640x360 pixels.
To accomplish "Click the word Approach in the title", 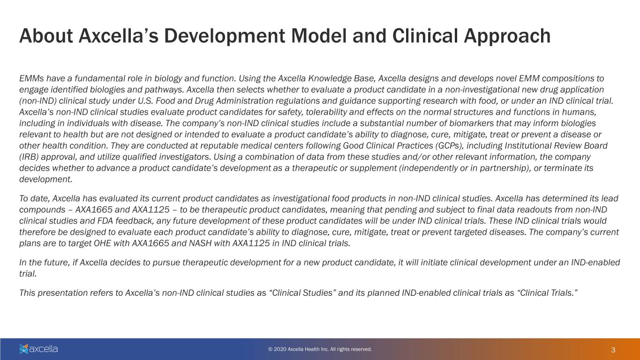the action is pyautogui.click(x=507, y=37).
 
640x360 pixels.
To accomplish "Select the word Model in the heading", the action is pyautogui.click(x=318, y=36).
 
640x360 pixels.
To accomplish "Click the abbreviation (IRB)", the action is pyautogui.click(x=29, y=157).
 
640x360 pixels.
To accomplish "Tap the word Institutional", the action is pyautogui.click(x=528, y=146).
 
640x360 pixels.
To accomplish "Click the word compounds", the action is pyautogui.click(x=42, y=210).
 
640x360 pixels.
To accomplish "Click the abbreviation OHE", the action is pyautogui.click(x=102, y=243).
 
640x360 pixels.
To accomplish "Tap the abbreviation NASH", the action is pyautogui.click(x=200, y=243).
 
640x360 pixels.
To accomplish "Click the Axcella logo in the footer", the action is pyautogui.click(x=38, y=349).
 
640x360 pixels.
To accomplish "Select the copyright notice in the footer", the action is pyautogui.click(x=320, y=349).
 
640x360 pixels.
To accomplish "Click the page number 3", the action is pyautogui.click(x=613, y=350).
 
